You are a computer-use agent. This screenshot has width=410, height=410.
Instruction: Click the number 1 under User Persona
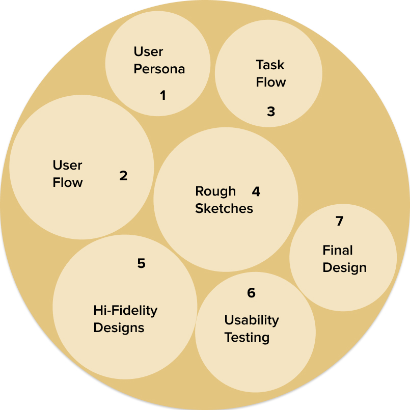point(163,95)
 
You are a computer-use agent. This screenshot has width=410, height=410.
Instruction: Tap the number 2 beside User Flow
point(123,176)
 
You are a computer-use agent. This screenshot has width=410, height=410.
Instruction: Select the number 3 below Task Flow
point(271,112)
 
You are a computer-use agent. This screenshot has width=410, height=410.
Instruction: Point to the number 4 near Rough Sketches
point(256,192)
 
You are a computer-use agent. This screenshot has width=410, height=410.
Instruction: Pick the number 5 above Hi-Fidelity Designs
point(141,263)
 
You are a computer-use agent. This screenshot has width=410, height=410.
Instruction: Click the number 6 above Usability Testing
point(251,293)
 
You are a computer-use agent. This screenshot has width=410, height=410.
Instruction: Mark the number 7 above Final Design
point(340,221)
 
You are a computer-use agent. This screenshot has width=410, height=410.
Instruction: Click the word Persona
point(159,69)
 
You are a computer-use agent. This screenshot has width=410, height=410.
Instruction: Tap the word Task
point(270,65)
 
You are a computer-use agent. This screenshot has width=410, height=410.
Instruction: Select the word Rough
point(215,192)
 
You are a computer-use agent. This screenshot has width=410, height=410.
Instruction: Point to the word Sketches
point(224,209)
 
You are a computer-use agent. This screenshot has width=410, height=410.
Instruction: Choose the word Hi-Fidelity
point(125,310)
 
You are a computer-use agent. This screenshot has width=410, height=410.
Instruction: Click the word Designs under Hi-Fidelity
point(119,327)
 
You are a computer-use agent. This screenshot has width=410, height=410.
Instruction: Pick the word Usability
point(252,320)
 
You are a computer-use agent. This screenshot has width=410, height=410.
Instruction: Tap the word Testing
point(247,338)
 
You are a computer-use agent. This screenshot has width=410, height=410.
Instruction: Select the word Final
point(338,251)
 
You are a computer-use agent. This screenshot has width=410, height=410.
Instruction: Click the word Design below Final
point(345,268)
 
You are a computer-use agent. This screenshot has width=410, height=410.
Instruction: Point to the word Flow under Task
point(271,83)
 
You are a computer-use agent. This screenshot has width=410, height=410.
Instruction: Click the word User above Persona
point(149,52)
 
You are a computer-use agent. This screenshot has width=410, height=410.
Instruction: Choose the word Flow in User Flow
point(68,183)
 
